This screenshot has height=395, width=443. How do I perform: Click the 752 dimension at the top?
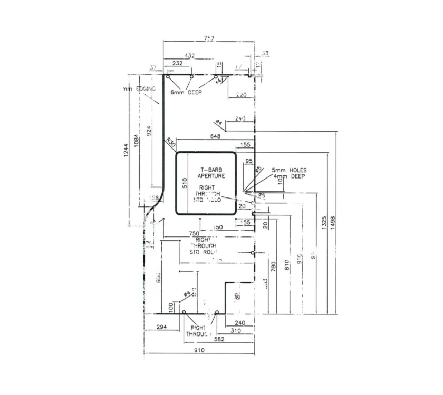209,38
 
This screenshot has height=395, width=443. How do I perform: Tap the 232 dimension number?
177,63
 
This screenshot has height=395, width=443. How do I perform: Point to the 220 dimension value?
241,95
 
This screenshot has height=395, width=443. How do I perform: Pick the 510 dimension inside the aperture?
185,183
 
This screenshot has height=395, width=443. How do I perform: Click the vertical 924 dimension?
149,132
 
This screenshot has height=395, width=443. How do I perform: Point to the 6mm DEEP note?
186,92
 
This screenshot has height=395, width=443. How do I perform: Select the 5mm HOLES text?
289,170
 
